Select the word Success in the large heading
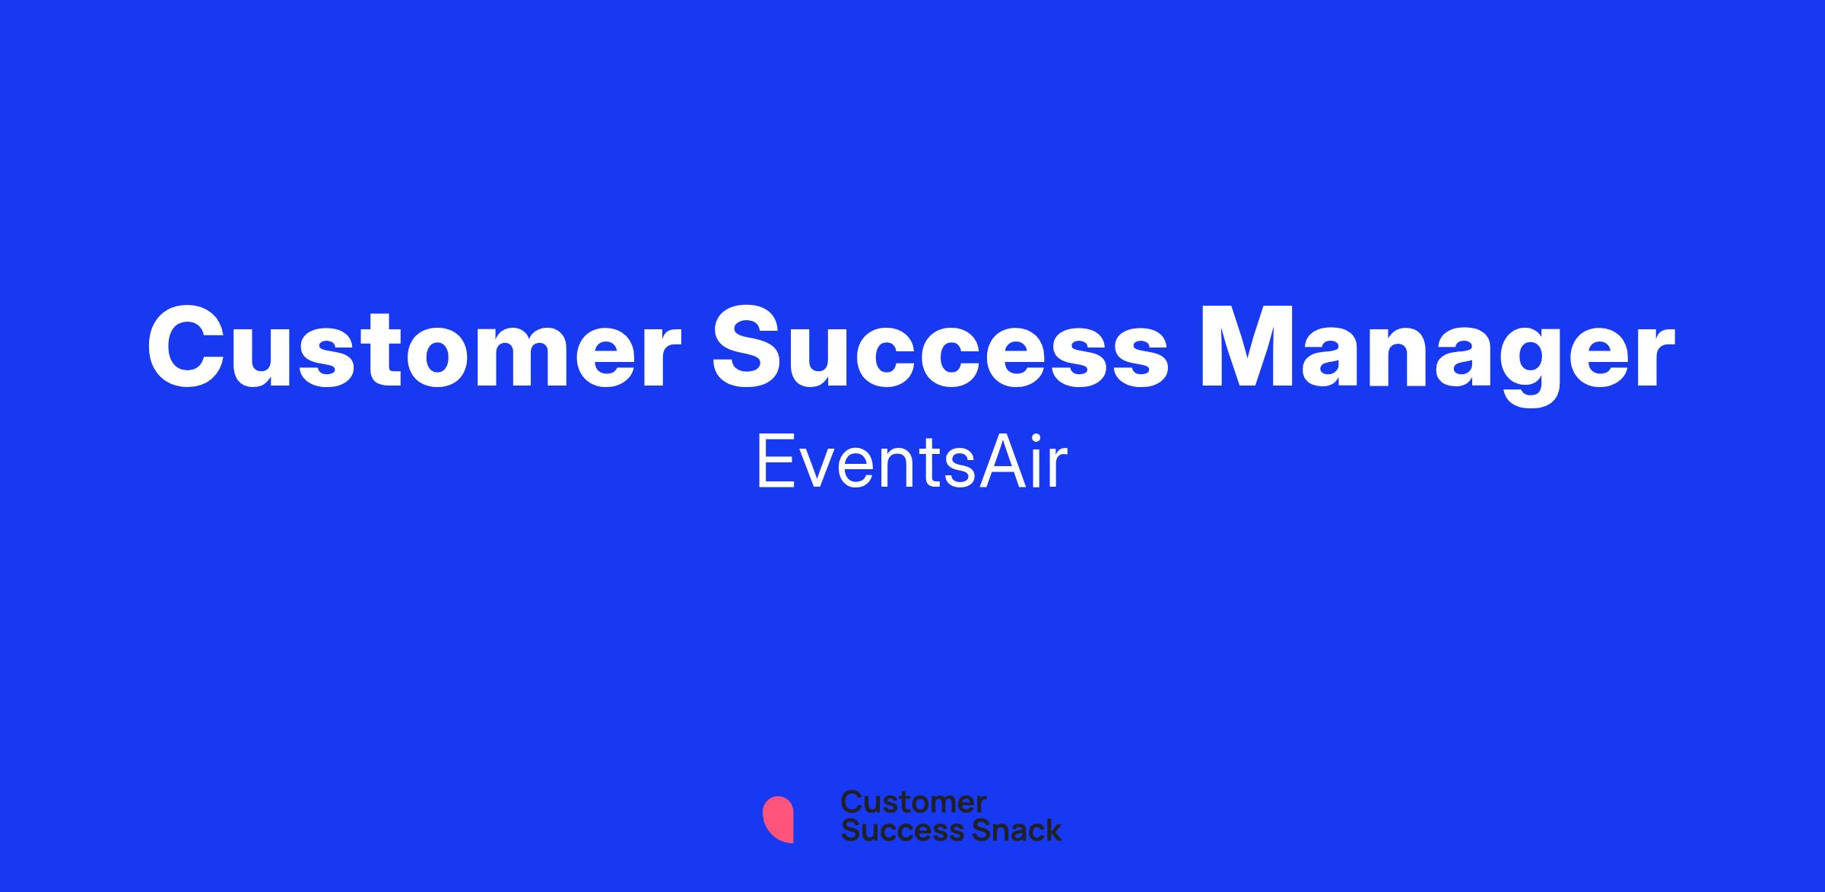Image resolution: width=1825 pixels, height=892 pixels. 940,347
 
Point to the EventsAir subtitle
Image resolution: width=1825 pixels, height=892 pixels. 912,462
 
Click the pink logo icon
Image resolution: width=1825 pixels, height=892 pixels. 778,819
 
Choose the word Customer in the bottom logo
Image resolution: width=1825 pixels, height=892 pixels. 913,802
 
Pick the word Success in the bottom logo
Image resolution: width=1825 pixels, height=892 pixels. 893,830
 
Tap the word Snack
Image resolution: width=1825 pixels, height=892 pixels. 1006,830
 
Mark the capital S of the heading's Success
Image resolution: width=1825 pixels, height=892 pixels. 747,348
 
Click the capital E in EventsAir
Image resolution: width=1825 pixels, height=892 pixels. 777,462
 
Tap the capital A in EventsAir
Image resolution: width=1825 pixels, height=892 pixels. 1001,462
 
